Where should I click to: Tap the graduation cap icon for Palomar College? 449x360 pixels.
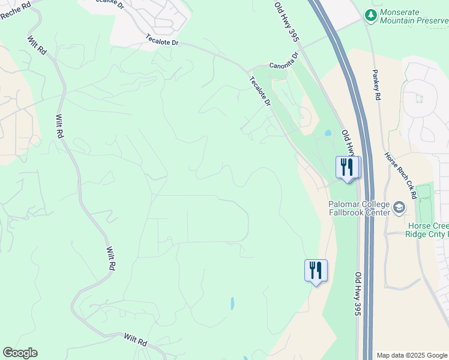[x=399, y=208]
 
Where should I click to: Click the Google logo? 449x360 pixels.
[x=20, y=353]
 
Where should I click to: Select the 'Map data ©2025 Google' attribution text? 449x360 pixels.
[x=411, y=355]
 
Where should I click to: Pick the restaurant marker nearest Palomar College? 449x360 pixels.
[x=347, y=167]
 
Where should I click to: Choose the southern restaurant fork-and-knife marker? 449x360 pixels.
[x=316, y=271]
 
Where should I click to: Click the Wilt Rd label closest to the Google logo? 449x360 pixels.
[x=135, y=340]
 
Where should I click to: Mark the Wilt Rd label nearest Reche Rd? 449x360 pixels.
[x=37, y=46]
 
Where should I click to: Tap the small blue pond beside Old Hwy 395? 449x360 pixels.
[x=327, y=133]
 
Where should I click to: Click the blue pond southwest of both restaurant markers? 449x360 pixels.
[x=232, y=303]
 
